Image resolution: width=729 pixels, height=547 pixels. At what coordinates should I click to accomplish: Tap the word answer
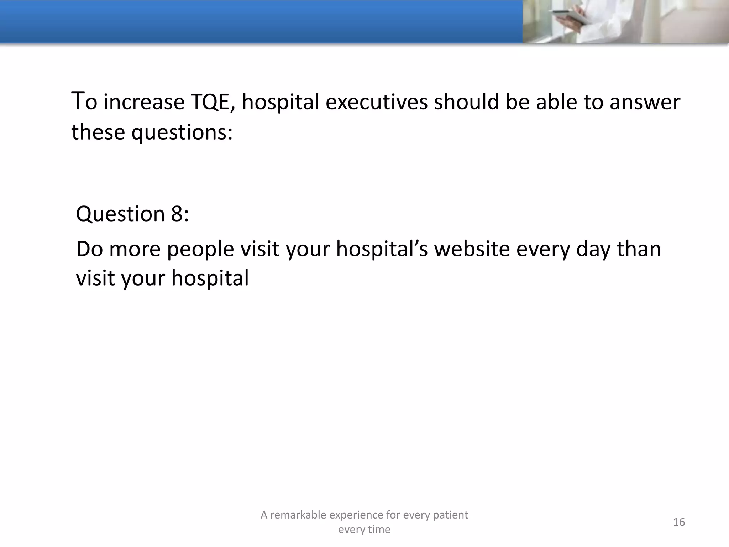tap(645, 102)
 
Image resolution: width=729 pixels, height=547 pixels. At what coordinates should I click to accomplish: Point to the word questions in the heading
tap(182, 132)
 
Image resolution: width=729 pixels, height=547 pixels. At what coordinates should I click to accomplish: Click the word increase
tap(144, 102)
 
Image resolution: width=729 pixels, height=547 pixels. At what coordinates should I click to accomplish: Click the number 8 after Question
tap(177, 214)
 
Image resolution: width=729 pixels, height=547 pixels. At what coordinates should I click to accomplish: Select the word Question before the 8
tap(120, 214)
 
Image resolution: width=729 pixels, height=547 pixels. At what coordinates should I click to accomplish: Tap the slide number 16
tap(679, 522)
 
